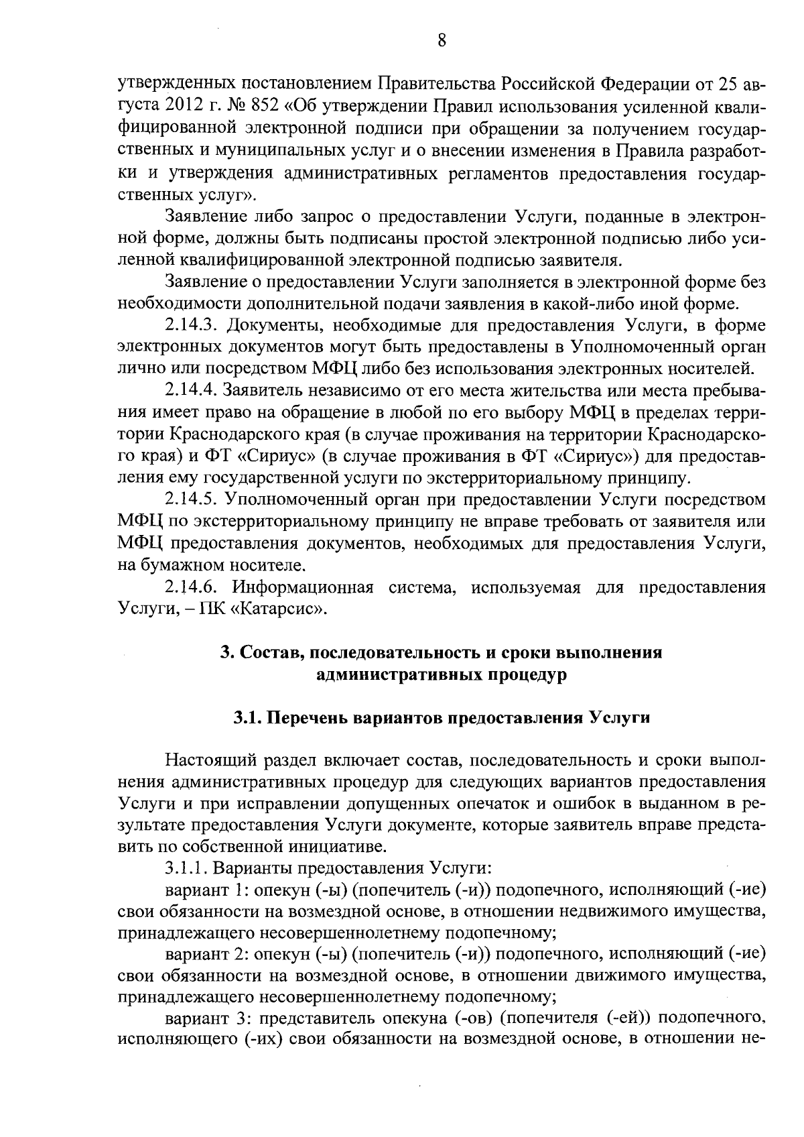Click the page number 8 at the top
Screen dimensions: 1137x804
click(442, 41)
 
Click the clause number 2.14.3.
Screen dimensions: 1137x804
click(192, 326)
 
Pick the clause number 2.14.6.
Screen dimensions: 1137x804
click(192, 588)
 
